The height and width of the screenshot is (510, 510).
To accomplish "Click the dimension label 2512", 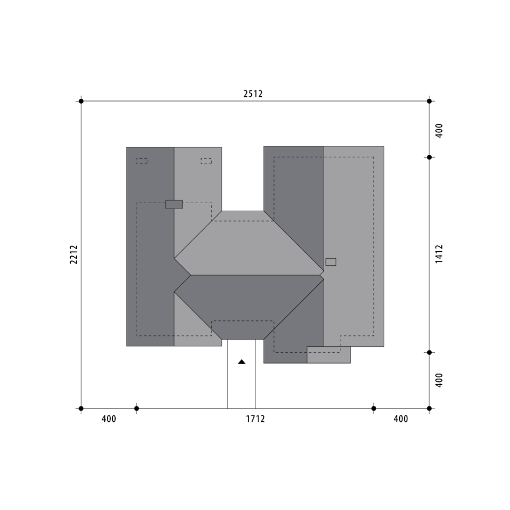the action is tap(253, 93).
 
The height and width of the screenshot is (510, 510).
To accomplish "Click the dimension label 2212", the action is tap(74, 254).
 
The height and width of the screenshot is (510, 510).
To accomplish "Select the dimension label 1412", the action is tap(439, 254).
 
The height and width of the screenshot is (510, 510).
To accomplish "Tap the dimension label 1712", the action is tap(256, 419).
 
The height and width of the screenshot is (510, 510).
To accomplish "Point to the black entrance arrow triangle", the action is tap(241, 361).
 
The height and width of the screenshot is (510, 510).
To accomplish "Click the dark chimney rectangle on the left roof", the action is tap(174, 204).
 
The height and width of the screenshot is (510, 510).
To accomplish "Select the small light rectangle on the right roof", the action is tap(331, 262).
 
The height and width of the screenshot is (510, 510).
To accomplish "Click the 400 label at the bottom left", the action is tap(109, 419).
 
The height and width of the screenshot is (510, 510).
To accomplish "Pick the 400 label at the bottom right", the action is tap(401, 419).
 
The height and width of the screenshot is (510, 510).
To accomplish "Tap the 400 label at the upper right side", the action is tap(439, 131).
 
